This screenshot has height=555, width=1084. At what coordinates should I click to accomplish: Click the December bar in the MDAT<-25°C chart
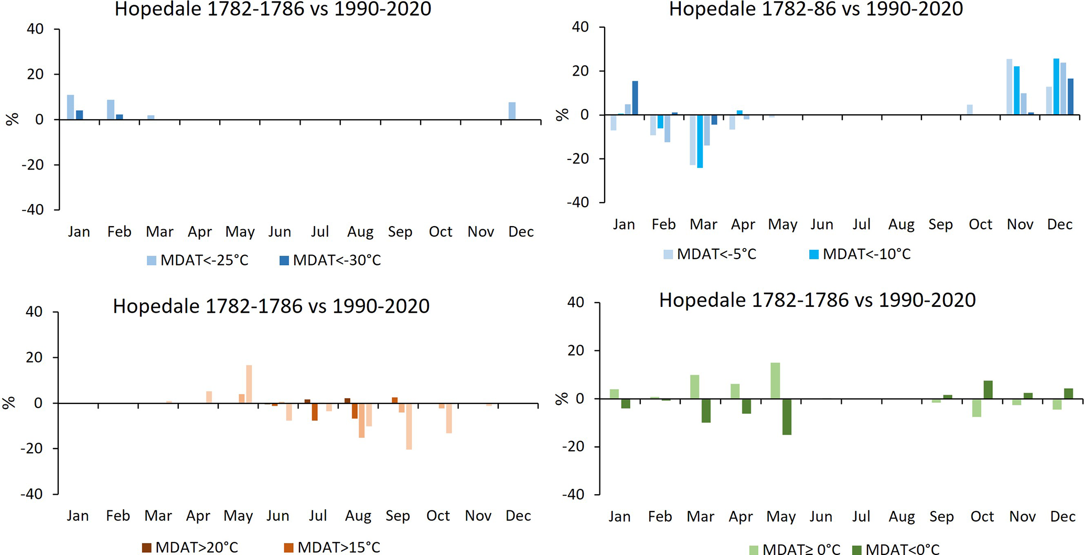pos(512,111)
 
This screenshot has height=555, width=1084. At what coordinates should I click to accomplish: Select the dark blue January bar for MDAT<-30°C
pos(79,115)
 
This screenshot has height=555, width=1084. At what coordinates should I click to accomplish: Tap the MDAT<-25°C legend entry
pos(198,260)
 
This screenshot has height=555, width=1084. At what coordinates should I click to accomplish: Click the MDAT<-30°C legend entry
pos(330,260)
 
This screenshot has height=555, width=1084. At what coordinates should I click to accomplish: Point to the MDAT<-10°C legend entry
pos(860,254)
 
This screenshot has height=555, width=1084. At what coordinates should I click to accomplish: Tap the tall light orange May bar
pos(249,384)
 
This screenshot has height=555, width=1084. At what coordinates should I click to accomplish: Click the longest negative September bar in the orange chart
pos(409,426)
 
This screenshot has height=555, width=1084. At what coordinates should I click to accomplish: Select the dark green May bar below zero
pos(787,417)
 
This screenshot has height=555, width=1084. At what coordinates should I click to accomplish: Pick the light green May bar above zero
pos(775,380)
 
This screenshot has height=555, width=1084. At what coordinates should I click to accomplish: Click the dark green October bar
pos(988,390)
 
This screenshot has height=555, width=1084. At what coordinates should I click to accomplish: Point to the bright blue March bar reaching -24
pos(700,141)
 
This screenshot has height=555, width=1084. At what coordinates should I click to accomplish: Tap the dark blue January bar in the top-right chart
pos(635,98)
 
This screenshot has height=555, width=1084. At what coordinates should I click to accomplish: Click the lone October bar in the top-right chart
pos(970,110)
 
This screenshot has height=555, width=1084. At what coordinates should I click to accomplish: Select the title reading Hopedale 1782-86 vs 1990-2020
pos(815,9)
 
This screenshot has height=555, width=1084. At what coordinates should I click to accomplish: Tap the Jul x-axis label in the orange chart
pos(318,516)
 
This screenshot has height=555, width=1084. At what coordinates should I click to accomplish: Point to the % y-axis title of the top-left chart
pos(12,119)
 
